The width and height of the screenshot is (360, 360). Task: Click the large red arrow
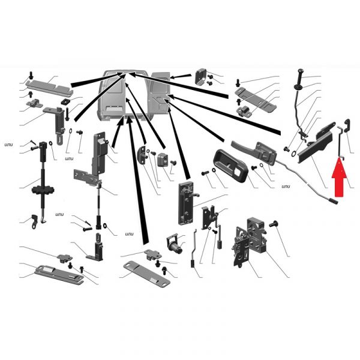coord(339,178)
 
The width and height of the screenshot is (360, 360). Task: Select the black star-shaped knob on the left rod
coord(43,190)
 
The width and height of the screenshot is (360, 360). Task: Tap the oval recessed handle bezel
coord(231,166)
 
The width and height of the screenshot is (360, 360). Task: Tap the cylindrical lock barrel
coord(175,245)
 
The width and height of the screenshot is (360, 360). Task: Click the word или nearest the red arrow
coord(286,187)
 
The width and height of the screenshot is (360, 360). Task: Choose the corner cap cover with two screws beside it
coord(200,76)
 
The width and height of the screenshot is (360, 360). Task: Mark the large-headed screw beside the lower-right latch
coord(274,223)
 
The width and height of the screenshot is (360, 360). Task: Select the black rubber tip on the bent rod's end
coord(334,201)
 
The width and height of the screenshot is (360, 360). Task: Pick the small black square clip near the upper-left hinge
coord(65,101)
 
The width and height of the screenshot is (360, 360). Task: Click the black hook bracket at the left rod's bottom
coord(34,222)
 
